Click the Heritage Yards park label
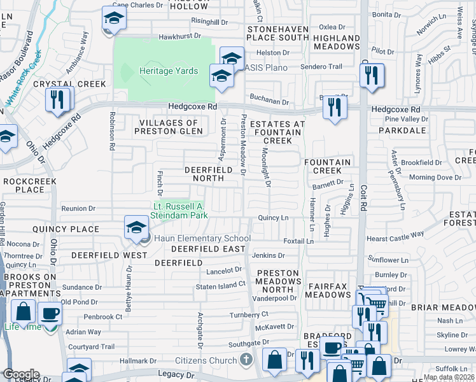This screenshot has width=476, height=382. pos(169,71)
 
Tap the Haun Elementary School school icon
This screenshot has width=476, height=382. pos(136,228)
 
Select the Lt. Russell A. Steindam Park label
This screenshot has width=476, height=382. pos(181,210)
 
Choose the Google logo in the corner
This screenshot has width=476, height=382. pos(20,374)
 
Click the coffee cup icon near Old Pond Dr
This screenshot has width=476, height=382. pos(50,313)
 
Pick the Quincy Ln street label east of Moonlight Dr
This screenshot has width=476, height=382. pos(273,218)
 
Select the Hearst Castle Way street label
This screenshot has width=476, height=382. pos(395,237)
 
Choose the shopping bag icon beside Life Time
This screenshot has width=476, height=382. pos(24,313)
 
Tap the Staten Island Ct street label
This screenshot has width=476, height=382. pos(220,287)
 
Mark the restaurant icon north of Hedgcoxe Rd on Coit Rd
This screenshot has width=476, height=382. pos(371,76)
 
